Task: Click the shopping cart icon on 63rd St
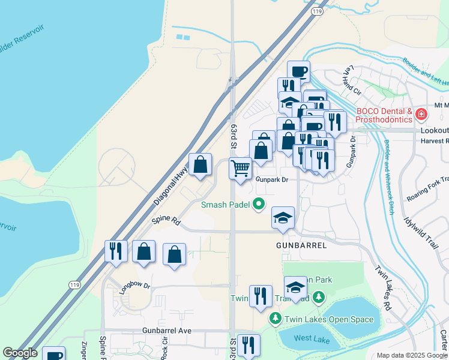point(240,167)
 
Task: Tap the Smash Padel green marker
point(259,205)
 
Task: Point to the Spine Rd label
point(166,221)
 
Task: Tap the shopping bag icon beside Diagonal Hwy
point(200,164)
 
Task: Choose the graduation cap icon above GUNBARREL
point(283,217)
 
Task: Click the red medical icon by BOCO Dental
point(422,113)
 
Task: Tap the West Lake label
point(312,339)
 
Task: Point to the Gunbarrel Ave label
point(167,331)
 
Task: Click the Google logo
point(20,353)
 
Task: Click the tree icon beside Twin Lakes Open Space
point(275,318)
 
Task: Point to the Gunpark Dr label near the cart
point(272,179)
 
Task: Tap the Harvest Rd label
point(435,141)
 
